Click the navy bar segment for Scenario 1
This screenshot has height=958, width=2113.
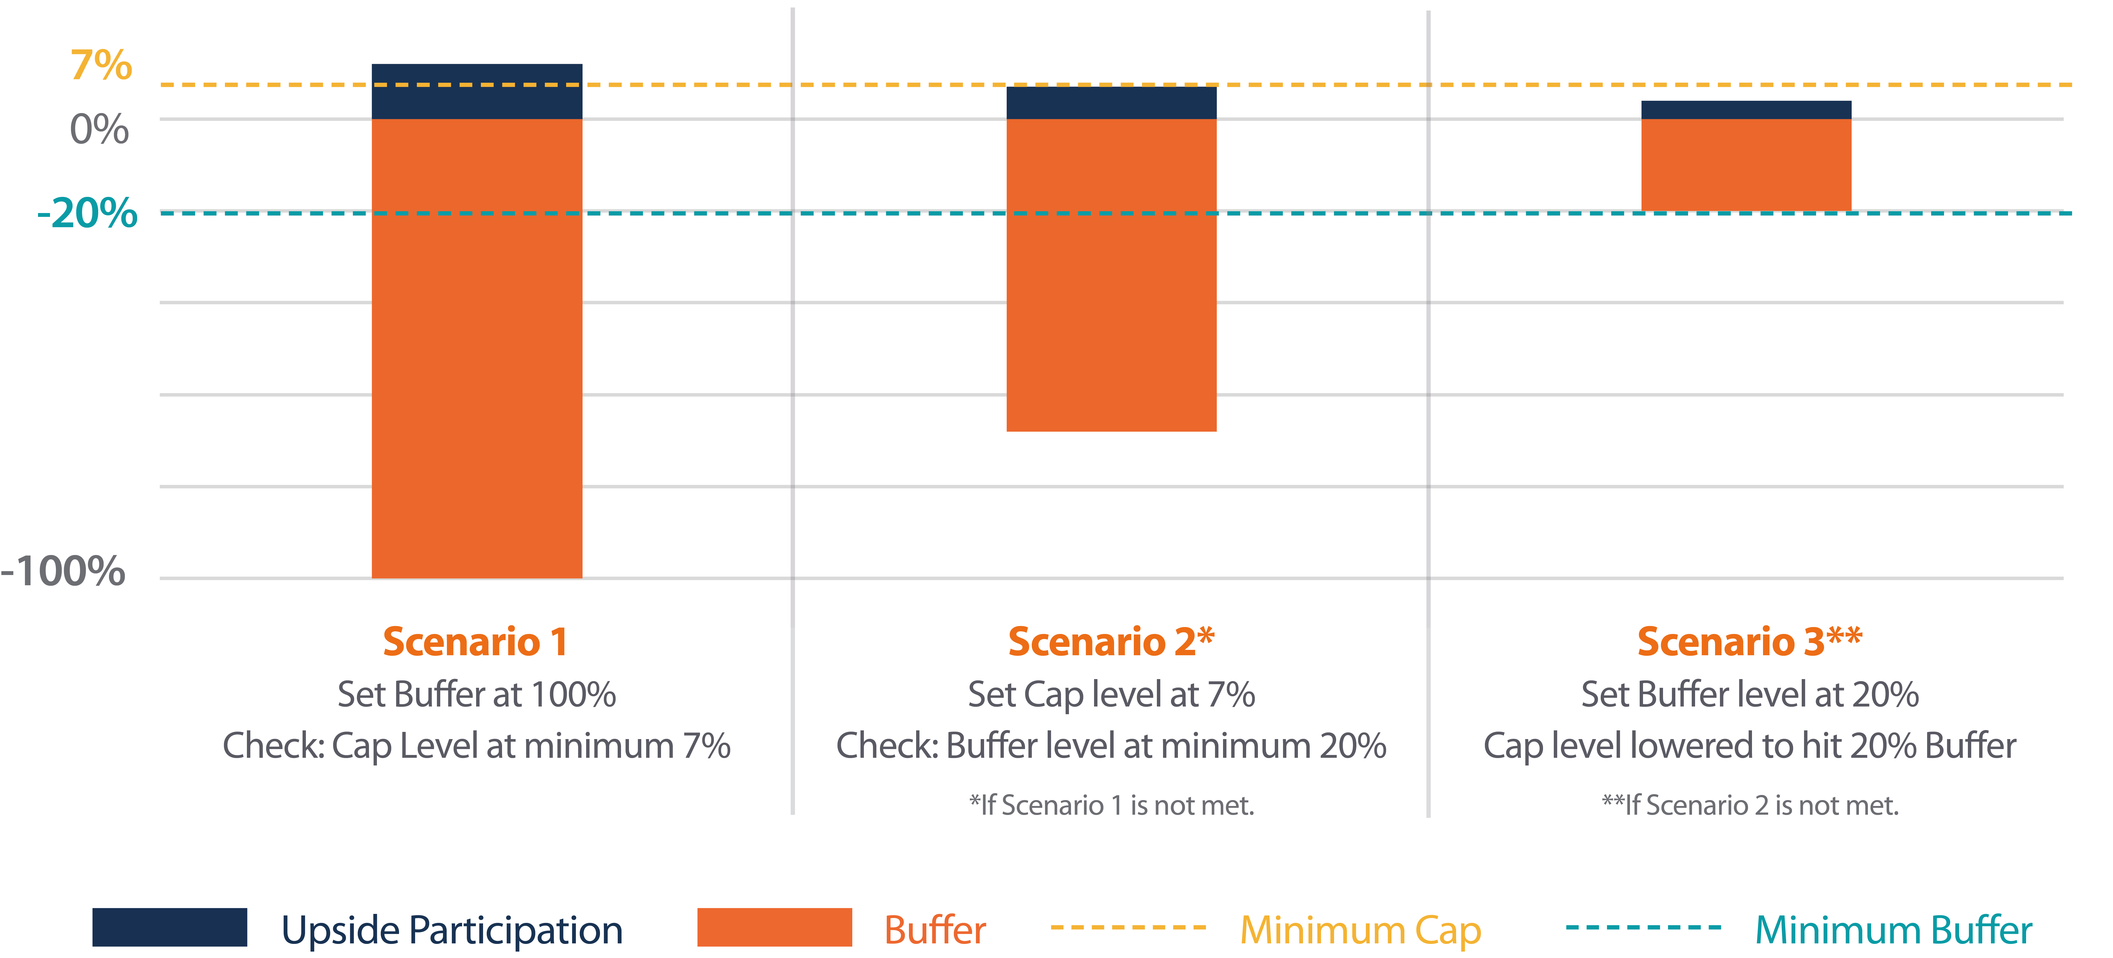[477, 91]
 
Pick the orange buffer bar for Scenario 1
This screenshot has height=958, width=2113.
[477, 349]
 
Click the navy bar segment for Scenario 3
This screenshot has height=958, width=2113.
[1746, 110]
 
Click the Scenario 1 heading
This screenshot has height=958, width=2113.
[476, 641]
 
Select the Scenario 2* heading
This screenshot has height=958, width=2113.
[1111, 641]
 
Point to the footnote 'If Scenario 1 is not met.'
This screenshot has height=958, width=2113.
[1111, 805]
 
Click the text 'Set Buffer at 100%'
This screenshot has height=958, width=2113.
[477, 695]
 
